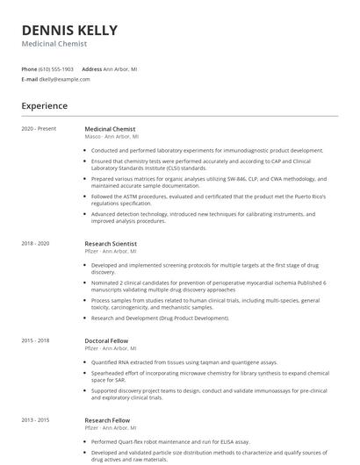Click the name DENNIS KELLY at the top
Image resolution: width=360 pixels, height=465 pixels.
tap(69, 31)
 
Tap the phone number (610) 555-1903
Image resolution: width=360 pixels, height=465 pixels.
tap(56, 68)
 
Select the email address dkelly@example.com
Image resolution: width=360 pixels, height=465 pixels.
tap(64, 79)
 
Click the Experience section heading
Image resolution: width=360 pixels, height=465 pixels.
tap(45, 106)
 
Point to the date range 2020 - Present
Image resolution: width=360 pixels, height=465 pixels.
tap(39, 129)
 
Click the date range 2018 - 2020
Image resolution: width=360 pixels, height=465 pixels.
tap(36, 243)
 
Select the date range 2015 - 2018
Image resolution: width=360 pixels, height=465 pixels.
tap(36, 340)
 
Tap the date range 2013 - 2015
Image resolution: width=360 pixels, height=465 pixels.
tap(36, 419)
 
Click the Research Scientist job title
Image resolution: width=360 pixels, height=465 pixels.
tap(111, 243)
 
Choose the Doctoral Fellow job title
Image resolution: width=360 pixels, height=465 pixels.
tap(109, 340)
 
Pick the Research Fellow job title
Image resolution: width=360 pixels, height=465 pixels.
tap(107, 419)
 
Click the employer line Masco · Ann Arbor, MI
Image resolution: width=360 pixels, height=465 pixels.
tap(112, 136)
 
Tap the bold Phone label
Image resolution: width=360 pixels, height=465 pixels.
tap(30, 68)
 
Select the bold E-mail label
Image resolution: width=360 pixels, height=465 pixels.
tap(30, 79)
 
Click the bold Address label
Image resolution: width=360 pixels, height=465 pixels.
tap(91, 68)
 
